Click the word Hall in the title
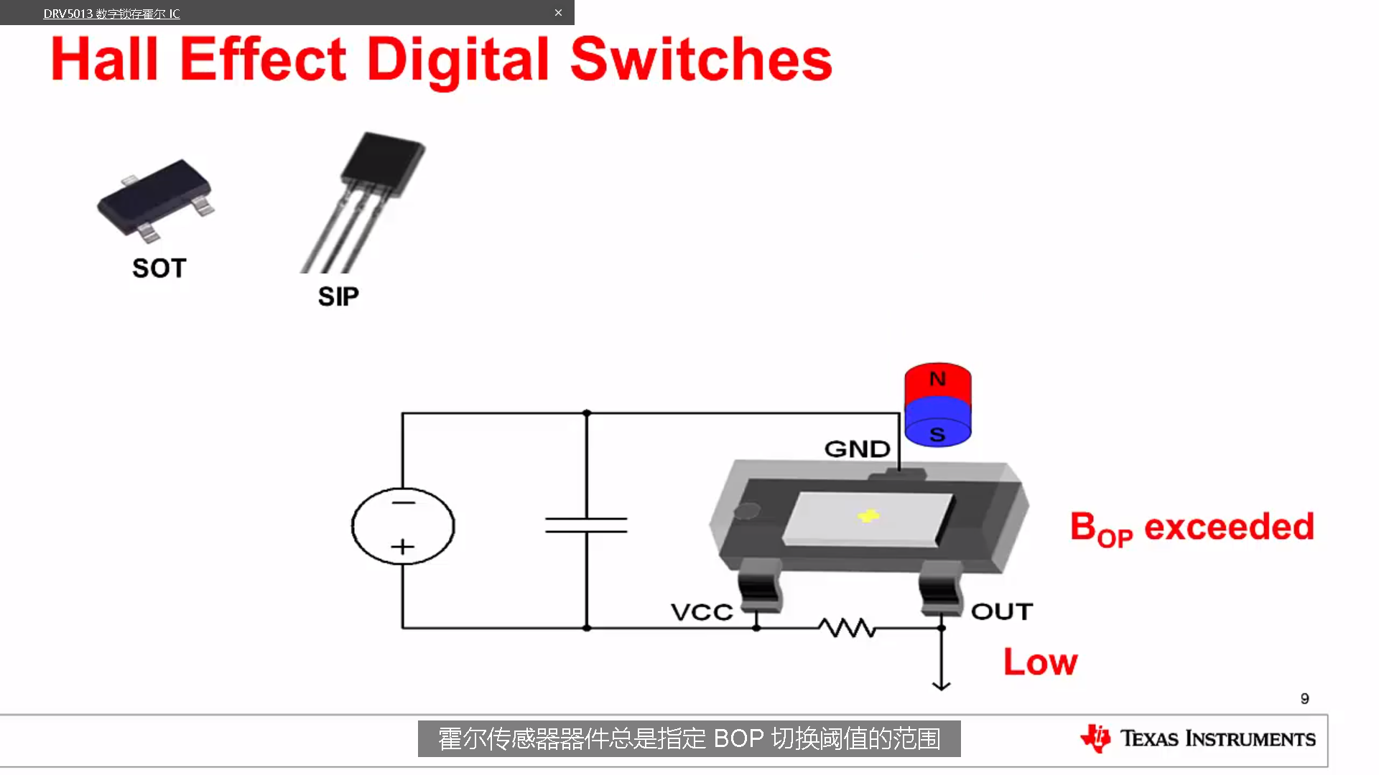pos(105,60)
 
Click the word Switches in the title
pos(701,60)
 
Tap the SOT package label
pos(159,268)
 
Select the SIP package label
pos(338,296)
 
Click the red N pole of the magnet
pos(937,379)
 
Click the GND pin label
pos(857,449)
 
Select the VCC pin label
pos(702,612)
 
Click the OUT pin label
pos(1002,611)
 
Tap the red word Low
pos(1040,662)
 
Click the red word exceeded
pos(1229,527)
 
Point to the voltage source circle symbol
pos(403,526)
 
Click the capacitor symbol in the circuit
pos(586,525)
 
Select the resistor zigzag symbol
pos(848,628)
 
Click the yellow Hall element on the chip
pos(868,515)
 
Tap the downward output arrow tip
pos(941,686)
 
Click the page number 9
pos(1304,698)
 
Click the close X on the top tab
pos(558,13)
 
